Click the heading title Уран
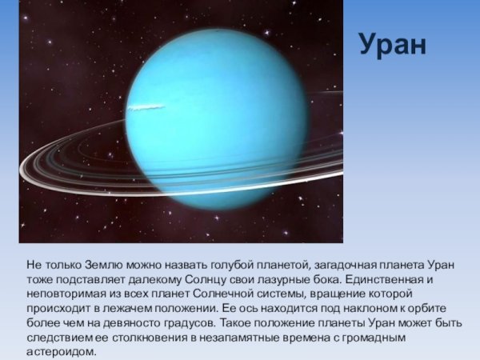pyautogui.click(x=392, y=46)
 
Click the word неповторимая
pyautogui.click(x=67, y=294)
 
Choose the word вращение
pyautogui.click(x=323, y=294)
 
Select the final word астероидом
pyautogui.click(x=60, y=351)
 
